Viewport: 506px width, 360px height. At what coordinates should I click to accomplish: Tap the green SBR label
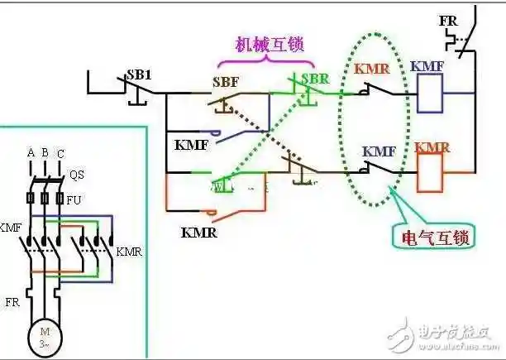(x=314, y=78)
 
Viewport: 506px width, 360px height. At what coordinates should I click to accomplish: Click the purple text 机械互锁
(x=270, y=44)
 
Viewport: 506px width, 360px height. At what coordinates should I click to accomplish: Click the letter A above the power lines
(x=31, y=153)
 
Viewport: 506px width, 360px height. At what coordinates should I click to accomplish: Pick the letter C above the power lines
(x=60, y=154)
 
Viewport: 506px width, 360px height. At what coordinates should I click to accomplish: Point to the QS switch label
(x=76, y=175)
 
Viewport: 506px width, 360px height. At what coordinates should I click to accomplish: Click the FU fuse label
(x=74, y=199)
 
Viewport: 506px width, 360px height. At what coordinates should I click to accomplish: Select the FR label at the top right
(x=450, y=17)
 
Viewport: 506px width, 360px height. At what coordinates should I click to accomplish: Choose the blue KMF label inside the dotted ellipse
(x=379, y=151)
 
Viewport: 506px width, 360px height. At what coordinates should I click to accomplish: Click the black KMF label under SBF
(x=191, y=143)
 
